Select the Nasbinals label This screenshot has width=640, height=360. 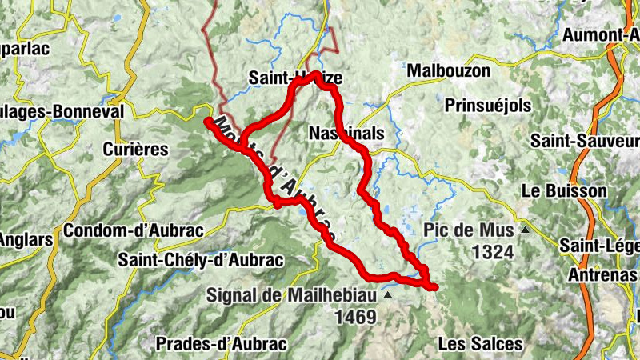click(346, 134)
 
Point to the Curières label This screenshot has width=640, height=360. click(136, 149)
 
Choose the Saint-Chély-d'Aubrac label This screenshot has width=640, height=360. click(201, 259)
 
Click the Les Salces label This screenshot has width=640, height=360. click(481, 344)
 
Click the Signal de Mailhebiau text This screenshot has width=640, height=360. click(293, 294)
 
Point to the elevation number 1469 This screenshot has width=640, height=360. click(356, 318)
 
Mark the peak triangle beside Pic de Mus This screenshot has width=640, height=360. click(526, 230)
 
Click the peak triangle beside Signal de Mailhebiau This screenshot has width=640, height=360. click(388, 294)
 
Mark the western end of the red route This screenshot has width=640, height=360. click(208, 121)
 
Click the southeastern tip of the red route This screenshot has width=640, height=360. click(434, 286)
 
